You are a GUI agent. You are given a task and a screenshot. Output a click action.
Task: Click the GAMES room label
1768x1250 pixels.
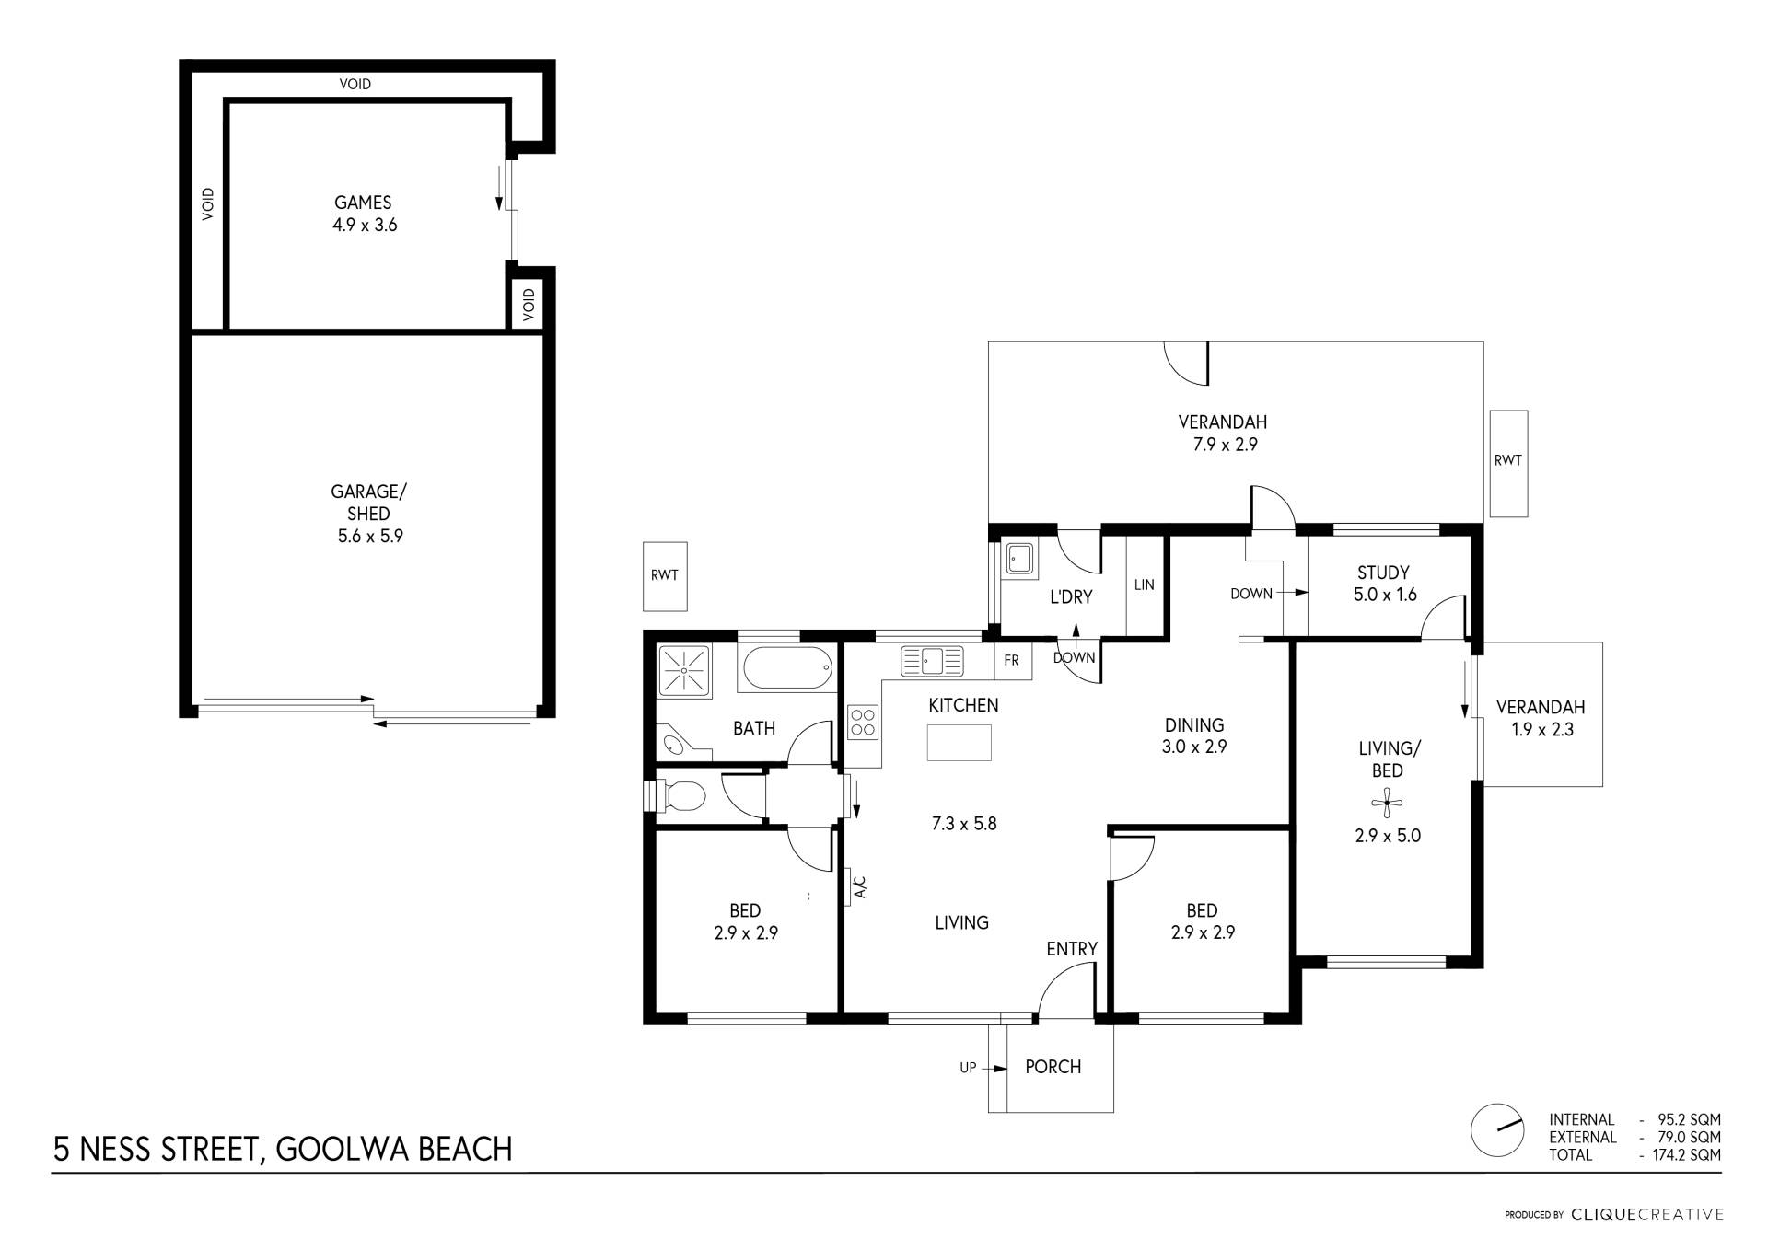point(363,203)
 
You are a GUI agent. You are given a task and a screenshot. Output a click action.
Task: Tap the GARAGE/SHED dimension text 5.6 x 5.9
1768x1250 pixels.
point(370,536)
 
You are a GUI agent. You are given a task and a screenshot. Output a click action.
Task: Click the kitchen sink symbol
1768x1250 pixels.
point(932,660)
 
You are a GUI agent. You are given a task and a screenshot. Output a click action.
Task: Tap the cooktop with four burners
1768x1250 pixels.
point(863,722)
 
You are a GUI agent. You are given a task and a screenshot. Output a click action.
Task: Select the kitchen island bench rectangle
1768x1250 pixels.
point(959,743)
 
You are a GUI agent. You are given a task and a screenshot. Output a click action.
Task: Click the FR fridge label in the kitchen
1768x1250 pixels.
point(1011,660)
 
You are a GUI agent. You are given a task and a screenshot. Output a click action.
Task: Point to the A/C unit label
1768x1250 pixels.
point(859,887)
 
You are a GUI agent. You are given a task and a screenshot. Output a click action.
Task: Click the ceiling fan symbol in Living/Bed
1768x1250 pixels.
point(1387,804)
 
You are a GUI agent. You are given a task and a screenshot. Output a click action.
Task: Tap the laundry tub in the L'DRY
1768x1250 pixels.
point(1019,558)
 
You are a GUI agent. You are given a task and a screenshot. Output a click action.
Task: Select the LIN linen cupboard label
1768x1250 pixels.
point(1145,585)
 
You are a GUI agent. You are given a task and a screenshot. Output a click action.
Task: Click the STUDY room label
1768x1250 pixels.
point(1383,573)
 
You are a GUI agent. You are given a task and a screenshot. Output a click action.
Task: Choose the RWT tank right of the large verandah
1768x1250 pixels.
point(1508,463)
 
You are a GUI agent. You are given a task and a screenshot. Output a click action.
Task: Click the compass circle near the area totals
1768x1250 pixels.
point(1497,1130)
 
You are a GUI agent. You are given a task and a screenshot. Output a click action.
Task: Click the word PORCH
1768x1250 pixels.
point(1053,1067)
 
